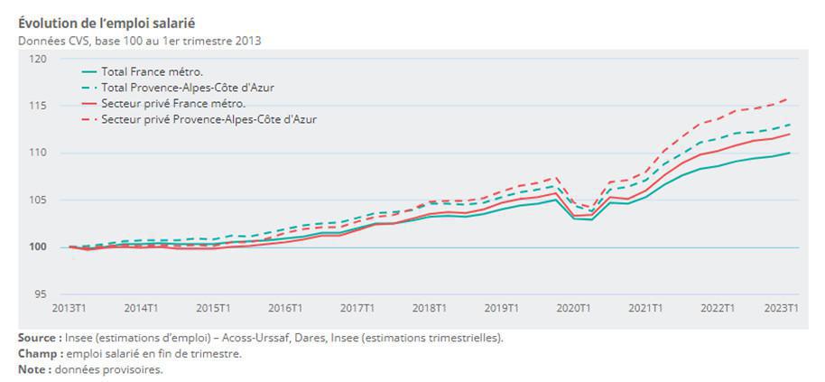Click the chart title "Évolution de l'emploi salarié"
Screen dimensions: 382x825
tap(107, 23)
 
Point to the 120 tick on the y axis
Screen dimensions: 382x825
tap(38, 59)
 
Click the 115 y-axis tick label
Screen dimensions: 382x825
tap(38, 106)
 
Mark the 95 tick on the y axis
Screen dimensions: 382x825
tap(41, 294)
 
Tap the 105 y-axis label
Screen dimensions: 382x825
tap(38, 200)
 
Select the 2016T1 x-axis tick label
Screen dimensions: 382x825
tap(284, 309)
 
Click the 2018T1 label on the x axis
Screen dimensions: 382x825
tap(431, 309)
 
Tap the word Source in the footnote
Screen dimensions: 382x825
tap(39, 338)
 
